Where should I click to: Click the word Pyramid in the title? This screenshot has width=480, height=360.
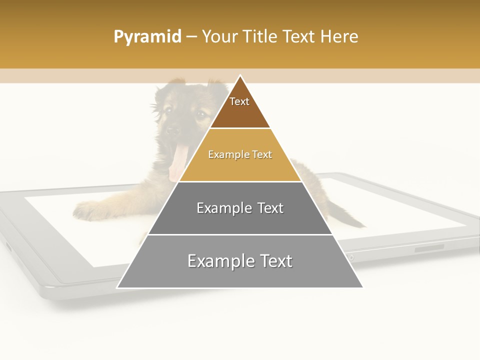(147, 36)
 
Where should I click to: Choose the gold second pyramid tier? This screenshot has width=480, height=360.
(240, 160)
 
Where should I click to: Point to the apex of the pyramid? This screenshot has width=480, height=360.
(240, 76)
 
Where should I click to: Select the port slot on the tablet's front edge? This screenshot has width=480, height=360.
(429, 247)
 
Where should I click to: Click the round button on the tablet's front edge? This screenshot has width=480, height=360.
(350, 257)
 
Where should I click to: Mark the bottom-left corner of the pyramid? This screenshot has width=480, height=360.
(117, 287)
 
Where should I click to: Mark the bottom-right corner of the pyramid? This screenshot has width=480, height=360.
(362, 287)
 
